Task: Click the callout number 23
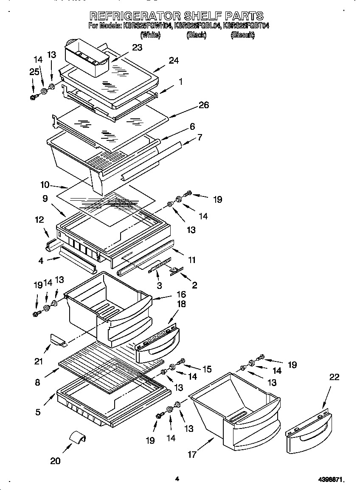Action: tap(137, 48)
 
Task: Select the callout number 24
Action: tap(174, 60)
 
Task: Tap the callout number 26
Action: tap(204, 105)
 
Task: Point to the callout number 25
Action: tap(34, 72)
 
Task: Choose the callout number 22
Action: tap(335, 377)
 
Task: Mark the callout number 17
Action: tap(192, 454)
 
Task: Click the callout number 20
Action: tap(55, 461)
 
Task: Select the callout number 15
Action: tap(206, 369)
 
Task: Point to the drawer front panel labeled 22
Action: tap(307, 431)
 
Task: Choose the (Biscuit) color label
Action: tap(242, 36)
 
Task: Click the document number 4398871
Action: tap(331, 480)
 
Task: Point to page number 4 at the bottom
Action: tap(177, 479)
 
